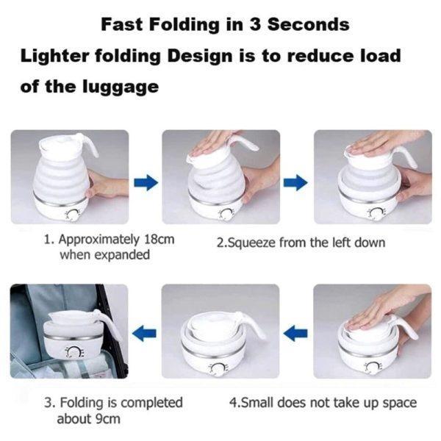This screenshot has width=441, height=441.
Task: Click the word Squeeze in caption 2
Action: click(254, 242)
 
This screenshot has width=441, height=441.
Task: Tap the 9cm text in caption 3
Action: click(108, 420)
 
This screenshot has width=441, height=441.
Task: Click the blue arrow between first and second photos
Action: click(146, 182)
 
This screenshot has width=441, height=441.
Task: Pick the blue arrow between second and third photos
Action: click(297, 182)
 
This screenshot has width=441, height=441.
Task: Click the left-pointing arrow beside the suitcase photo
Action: click(146, 334)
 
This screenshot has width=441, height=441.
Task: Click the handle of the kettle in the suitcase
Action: click(104, 326)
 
